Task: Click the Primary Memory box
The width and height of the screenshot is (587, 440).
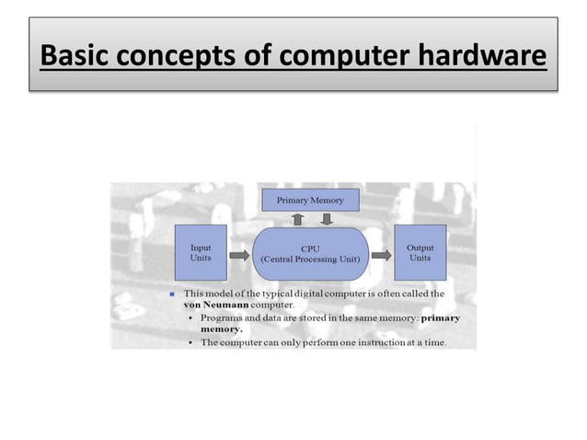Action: [310, 200]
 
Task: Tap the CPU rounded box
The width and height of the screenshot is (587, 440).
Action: [310, 253]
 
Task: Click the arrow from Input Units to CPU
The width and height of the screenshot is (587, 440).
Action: [237, 253]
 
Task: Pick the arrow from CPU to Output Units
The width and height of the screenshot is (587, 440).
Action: [382, 253]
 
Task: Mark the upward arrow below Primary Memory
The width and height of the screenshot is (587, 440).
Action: [296, 218]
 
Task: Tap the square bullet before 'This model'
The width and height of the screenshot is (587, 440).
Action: [172, 295]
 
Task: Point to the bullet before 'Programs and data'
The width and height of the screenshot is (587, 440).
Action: [190, 318]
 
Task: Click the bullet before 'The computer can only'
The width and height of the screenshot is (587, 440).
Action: [190, 343]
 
